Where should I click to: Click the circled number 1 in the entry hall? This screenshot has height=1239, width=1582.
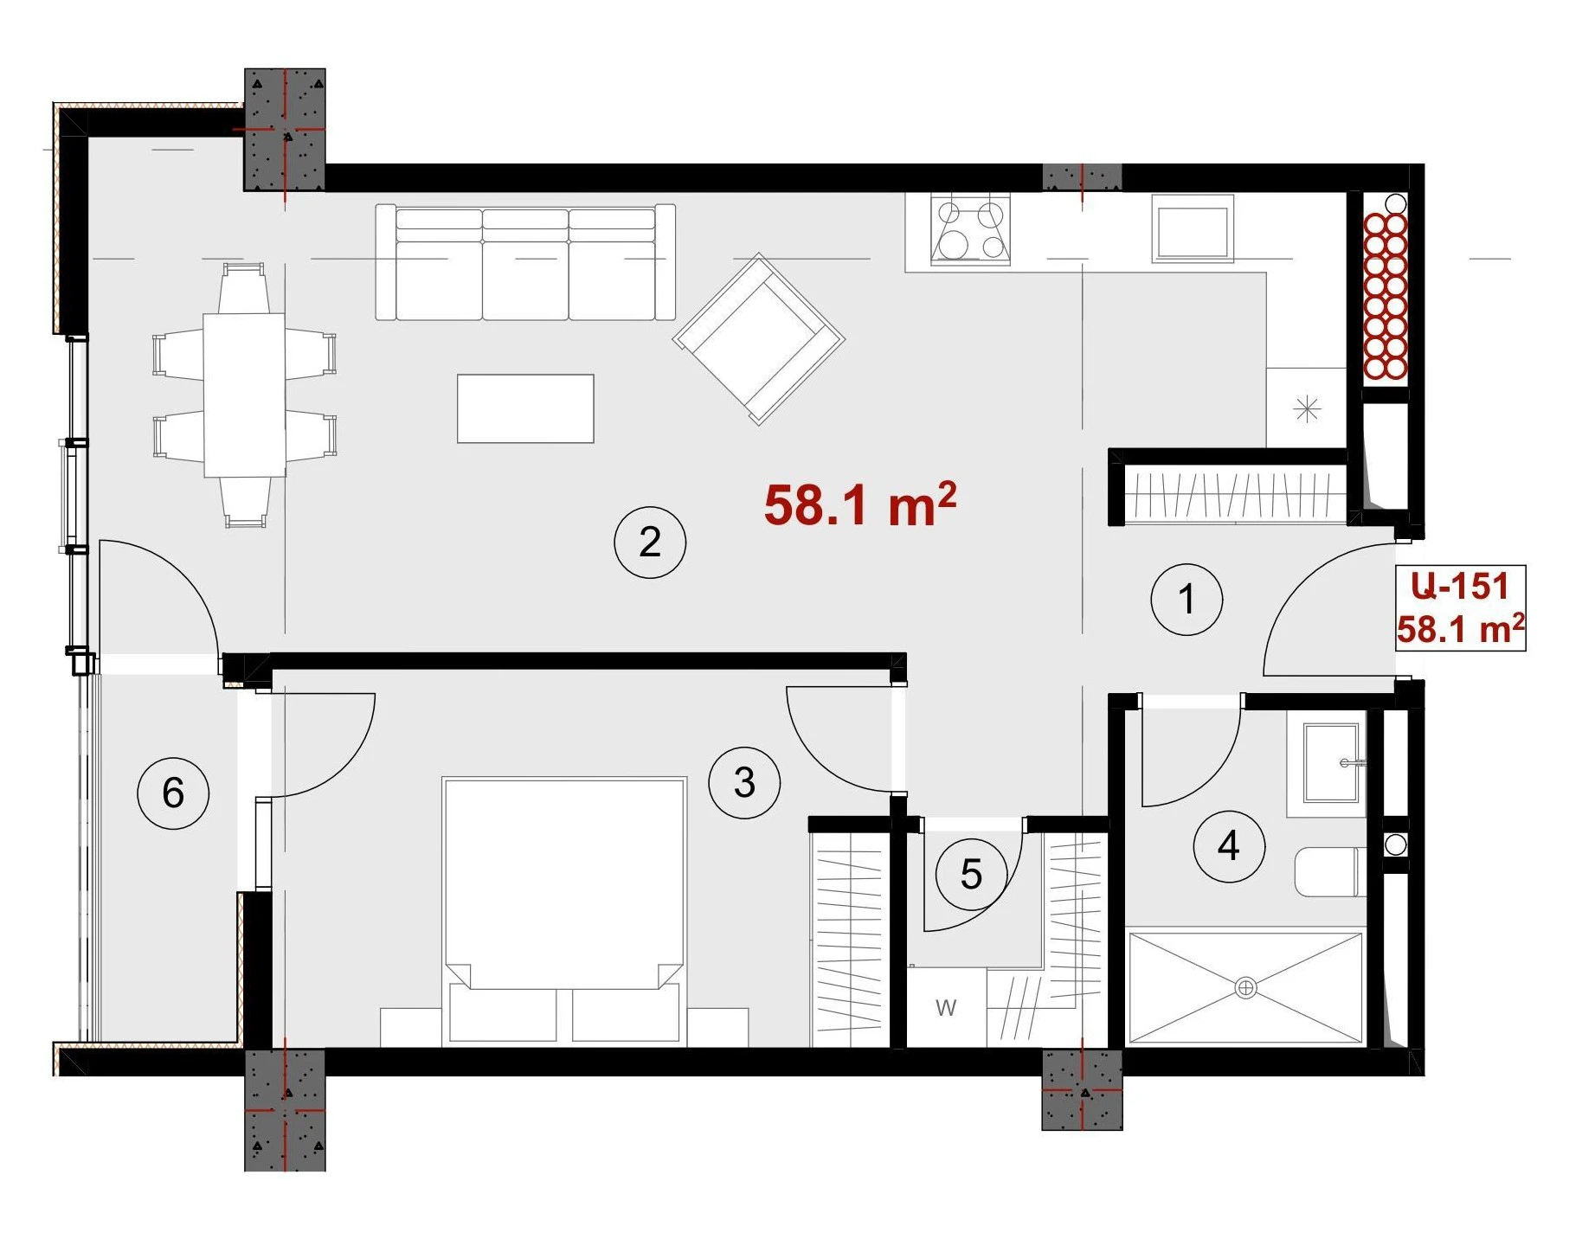[1186, 599]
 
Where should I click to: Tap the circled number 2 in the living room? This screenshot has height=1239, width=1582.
[650, 542]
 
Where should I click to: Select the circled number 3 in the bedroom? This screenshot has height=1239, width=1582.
[744, 782]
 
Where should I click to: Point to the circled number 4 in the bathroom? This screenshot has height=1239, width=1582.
[1229, 845]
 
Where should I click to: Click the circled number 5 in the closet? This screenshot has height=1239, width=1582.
[971, 875]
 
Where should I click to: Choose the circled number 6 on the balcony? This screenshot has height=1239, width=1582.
[173, 793]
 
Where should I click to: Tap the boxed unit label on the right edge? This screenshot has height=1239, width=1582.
[1460, 608]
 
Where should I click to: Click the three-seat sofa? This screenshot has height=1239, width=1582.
[525, 262]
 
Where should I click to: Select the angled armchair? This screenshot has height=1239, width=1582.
[759, 338]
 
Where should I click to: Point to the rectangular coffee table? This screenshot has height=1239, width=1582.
[525, 408]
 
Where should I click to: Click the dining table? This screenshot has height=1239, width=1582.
[244, 395]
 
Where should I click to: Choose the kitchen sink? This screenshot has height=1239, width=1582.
[1193, 228]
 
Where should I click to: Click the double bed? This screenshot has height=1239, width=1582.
[564, 910]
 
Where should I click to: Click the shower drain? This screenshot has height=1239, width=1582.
[1245, 986]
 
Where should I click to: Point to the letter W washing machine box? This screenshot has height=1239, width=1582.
[946, 1007]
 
